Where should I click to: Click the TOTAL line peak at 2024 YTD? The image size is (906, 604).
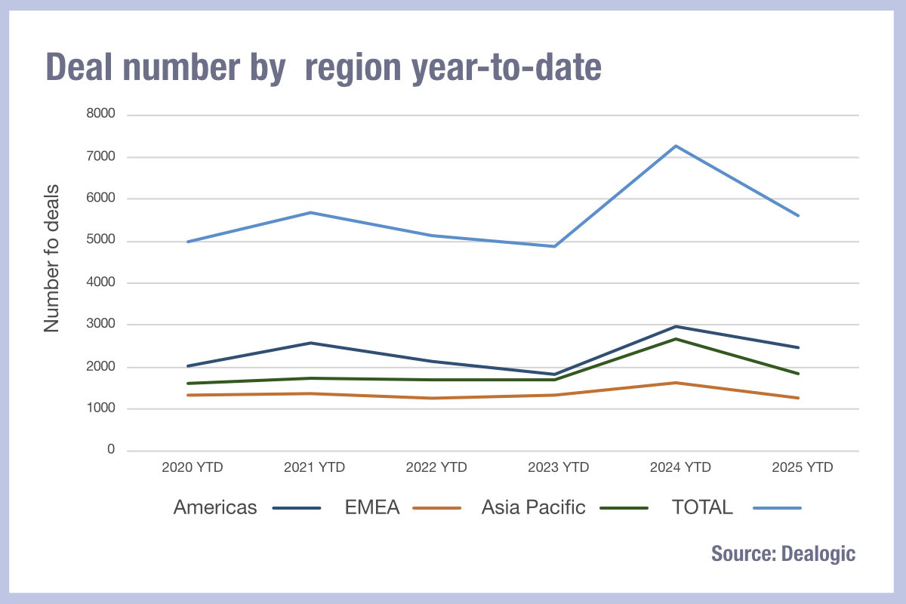(x=676, y=146)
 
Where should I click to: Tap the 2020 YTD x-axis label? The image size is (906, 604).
(x=192, y=467)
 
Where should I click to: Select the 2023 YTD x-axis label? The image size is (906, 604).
(x=558, y=467)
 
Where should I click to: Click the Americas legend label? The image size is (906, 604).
(x=215, y=507)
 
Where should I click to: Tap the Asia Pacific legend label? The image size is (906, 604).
(x=533, y=507)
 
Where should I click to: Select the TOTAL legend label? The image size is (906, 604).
(x=702, y=507)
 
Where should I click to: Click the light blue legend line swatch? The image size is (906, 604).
(x=777, y=508)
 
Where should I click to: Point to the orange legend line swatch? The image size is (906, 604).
(x=437, y=508)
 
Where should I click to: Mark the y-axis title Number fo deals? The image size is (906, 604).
(x=51, y=258)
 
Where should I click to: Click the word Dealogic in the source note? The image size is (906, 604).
(x=819, y=553)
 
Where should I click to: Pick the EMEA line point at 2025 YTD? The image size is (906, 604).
(x=798, y=398)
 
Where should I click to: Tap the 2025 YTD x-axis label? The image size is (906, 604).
(x=803, y=467)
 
